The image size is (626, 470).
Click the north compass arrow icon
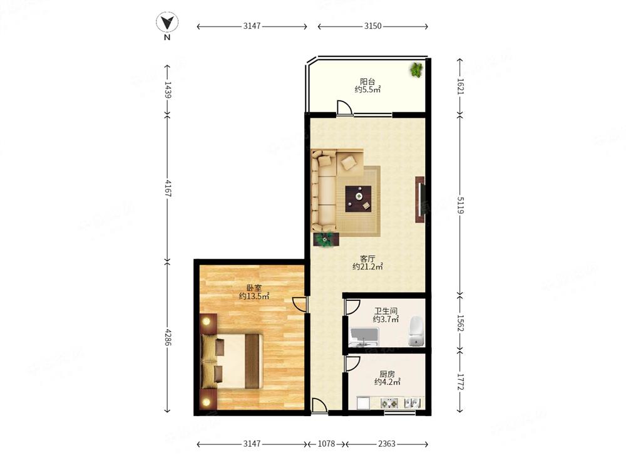pos(167,23)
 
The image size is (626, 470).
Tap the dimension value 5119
pos(460,206)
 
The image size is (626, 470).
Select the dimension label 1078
pos(326,444)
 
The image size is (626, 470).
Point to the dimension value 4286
pos(168,337)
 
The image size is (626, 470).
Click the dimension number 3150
pos(372,26)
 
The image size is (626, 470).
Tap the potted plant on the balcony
pos(416,70)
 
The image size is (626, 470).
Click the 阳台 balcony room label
pos(367,81)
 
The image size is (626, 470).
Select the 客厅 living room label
pos(367,259)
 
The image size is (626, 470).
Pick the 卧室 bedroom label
pos(254,288)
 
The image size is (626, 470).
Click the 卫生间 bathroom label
pos(386,311)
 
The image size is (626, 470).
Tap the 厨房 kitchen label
pos(387,374)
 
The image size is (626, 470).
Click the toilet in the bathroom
pos(416,331)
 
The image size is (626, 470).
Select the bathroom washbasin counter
pos(364,337)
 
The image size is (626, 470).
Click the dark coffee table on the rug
pos(358,199)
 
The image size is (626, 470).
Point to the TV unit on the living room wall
pos(419,199)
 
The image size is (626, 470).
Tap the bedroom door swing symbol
pos(300,304)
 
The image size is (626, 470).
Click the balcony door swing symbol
pos(344,108)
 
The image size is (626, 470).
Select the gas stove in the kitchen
pos(389,403)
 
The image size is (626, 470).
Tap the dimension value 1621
pos(460,86)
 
